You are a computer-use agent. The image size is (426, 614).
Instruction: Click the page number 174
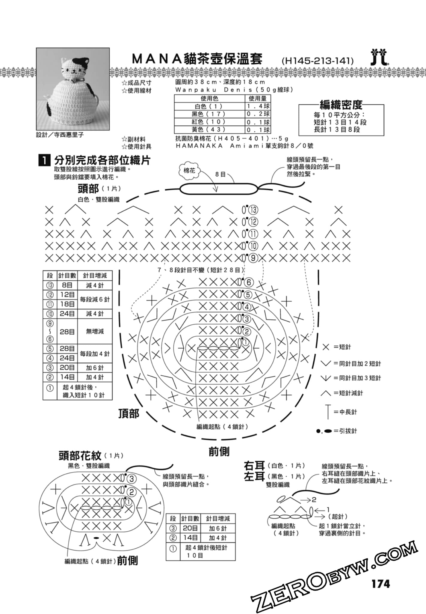[381, 584]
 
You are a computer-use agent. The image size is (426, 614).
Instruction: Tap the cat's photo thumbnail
[73, 89]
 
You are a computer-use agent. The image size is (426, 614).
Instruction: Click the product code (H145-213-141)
[318, 61]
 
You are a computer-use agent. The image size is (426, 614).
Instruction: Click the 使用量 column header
[257, 98]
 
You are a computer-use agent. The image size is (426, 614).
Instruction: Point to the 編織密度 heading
[341, 105]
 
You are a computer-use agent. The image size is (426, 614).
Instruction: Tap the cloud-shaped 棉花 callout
[189, 171]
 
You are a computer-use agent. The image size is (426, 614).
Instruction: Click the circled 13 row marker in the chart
[253, 210]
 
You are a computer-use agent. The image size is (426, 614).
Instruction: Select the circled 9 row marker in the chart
[253, 258]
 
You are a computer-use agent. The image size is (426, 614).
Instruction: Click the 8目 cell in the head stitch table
[67, 285]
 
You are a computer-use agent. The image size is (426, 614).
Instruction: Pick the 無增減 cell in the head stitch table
[95, 331]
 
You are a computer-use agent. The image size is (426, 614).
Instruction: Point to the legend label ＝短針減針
[348, 393]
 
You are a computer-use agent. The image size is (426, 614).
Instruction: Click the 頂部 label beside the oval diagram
[129, 414]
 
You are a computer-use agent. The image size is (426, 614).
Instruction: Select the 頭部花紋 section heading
[80, 456]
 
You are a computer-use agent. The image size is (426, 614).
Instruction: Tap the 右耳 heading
[254, 466]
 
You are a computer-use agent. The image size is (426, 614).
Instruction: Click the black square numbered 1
[44, 160]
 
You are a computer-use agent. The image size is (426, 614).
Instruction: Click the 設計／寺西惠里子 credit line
[60, 135]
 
